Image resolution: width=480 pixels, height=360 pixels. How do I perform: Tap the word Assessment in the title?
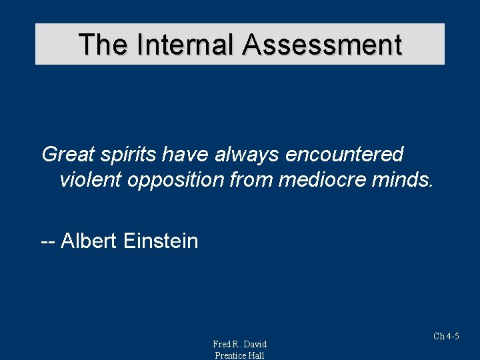coord(322,45)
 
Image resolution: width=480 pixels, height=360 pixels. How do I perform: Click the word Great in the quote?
coord(69,154)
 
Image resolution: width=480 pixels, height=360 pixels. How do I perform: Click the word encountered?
coord(345,154)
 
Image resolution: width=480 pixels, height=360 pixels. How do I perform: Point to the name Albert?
coord(89,240)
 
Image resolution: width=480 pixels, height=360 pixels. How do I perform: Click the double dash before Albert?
coord(48,241)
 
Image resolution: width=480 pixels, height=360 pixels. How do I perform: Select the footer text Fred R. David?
coord(239,344)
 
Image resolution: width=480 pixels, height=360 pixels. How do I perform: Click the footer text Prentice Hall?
coord(239,355)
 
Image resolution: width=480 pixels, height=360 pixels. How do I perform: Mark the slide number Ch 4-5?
coord(446,336)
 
